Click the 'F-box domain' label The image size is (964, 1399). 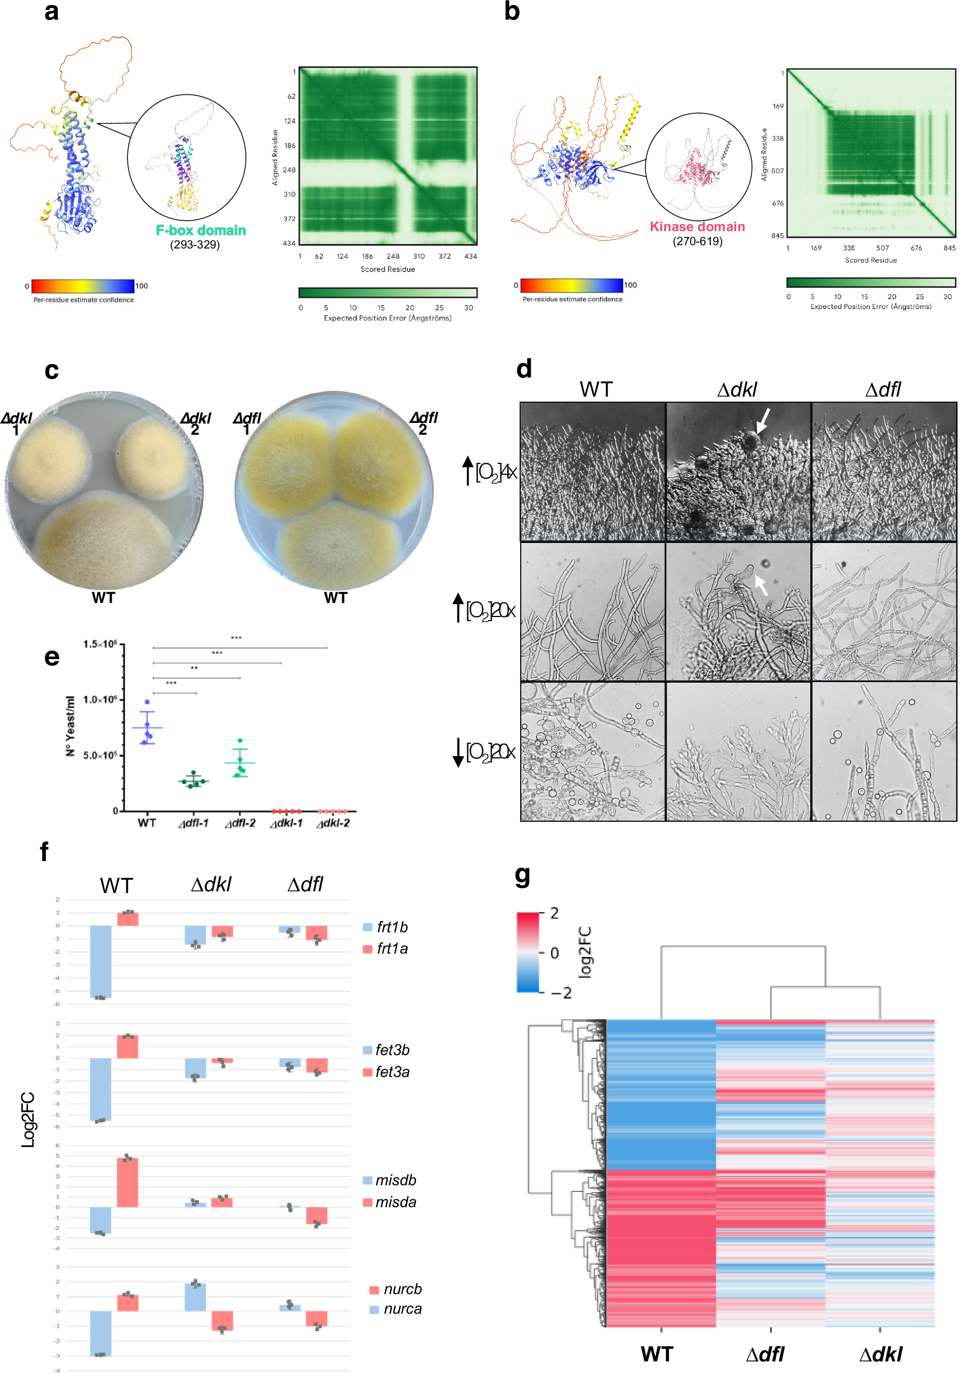tap(200, 230)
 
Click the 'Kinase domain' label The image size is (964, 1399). tap(697, 227)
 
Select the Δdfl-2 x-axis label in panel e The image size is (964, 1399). tap(240, 823)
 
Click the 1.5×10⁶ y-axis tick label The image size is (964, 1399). tap(100, 645)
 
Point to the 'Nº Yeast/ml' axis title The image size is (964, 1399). tap(71, 726)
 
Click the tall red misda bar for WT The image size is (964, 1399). tap(127, 1182)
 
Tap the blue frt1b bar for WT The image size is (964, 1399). tap(101, 961)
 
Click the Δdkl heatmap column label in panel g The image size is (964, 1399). tap(880, 1355)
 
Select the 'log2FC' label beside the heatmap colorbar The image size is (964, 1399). tap(585, 951)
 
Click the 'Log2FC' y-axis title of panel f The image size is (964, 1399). tap(28, 1120)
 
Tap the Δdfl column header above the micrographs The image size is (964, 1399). tap(883, 389)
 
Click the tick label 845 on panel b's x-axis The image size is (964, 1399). tap(949, 247)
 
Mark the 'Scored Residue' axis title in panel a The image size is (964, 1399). tap(387, 269)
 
